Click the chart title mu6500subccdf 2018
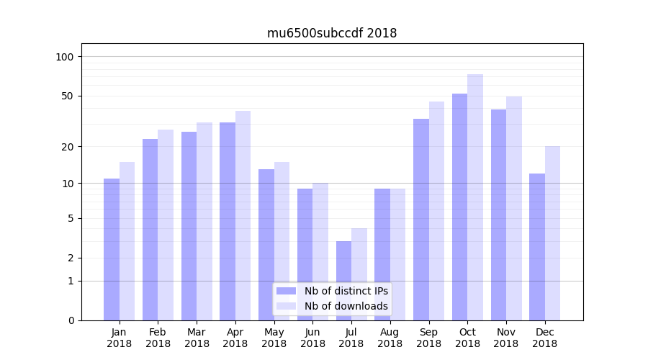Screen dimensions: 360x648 pyautogui.click(x=331, y=33)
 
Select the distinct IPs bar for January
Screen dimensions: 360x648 pyautogui.click(x=112, y=249)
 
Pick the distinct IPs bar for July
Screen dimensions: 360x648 pyautogui.click(x=343, y=281)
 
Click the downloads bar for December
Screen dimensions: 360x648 pyautogui.click(x=552, y=233)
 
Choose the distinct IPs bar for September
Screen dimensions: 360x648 pyautogui.click(x=421, y=220)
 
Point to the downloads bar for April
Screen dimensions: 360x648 pyautogui.click(x=243, y=215)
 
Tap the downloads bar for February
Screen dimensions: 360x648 pyautogui.click(x=166, y=225)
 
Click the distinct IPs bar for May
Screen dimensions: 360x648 pyautogui.click(x=266, y=245)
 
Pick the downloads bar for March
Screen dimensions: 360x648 pyautogui.click(x=204, y=221)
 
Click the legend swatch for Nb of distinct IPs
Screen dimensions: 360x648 pyautogui.click(x=287, y=291)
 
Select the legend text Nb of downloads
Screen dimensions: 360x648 pyautogui.click(x=346, y=306)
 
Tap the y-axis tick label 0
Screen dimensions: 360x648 pyautogui.click(x=71, y=320)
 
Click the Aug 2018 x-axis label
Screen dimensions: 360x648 pyautogui.click(x=390, y=338)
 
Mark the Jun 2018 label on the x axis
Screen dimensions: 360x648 pyautogui.click(x=312, y=338)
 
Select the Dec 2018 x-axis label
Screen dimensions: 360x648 pyautogui.click(x=544, y=338)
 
